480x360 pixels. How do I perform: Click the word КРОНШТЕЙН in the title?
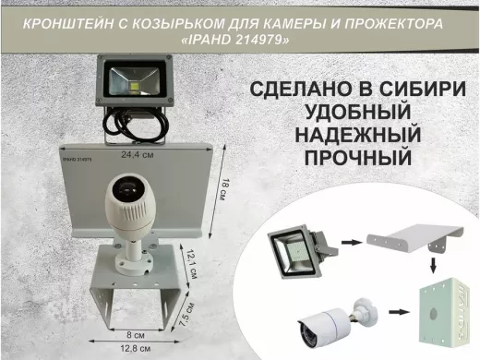[x=45, y=20]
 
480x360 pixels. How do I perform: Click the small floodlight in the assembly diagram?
[x=295, y=250]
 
